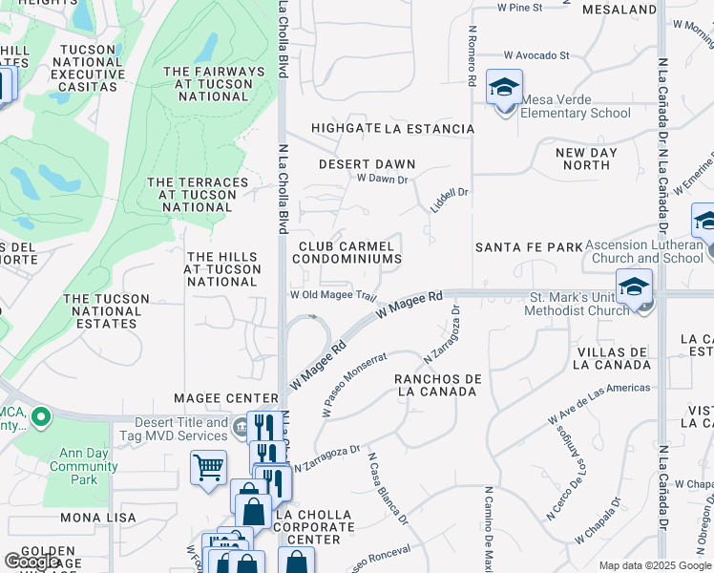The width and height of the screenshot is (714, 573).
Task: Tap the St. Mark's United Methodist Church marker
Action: (634, 287)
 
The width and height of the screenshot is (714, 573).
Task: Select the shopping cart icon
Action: (208, 469)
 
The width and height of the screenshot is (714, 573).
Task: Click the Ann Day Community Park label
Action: (84, 467)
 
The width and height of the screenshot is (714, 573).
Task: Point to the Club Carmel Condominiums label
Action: (346, 252)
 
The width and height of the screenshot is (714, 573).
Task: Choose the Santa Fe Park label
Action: (529, 247)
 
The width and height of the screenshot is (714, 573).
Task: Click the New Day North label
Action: (585, 159)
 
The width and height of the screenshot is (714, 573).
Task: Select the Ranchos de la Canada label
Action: (437, 385)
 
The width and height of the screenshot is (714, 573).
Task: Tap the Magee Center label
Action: (225, 397)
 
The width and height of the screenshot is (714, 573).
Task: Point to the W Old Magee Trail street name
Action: (335, 294)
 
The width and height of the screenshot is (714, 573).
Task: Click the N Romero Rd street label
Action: (472, 56)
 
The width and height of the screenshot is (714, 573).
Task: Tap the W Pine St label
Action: (519, 8)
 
